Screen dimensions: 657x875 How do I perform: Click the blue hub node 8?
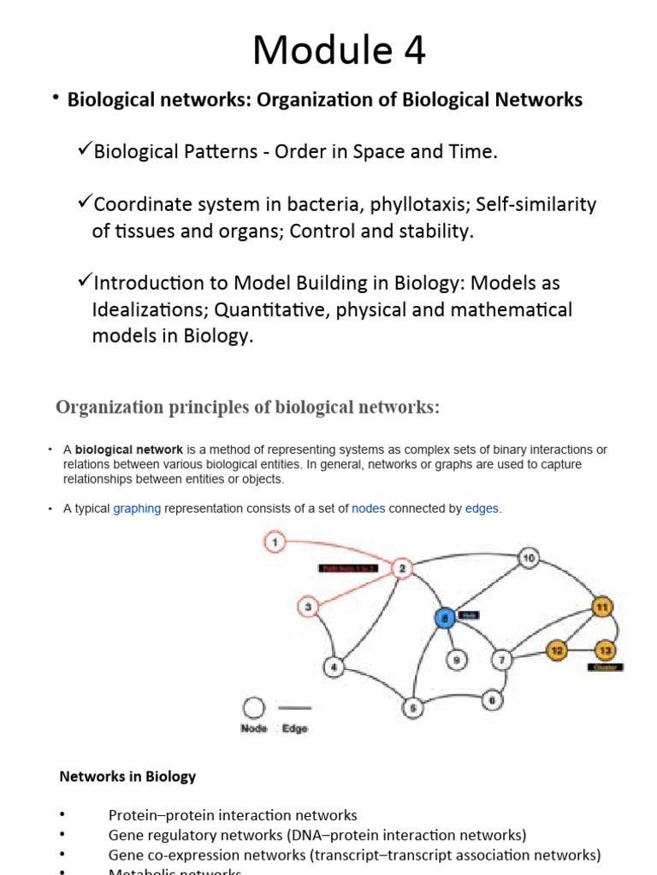[444, 617]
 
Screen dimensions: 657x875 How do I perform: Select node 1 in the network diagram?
[275, 541]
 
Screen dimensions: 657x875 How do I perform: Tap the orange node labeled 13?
[606, 650]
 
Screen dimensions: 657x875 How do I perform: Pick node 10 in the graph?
[529, 559]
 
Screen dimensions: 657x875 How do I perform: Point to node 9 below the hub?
[457, 660]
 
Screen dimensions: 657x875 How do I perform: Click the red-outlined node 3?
[308, 608]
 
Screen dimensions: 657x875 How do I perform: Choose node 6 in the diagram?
[492, 700]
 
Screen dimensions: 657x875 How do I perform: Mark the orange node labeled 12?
[557, 650]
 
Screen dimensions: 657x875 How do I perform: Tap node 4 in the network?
[334, 667]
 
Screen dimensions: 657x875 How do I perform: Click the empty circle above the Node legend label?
[254, 708]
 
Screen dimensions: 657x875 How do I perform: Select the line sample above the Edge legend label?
[294, 708]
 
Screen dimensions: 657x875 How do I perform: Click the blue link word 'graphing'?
[137, 508]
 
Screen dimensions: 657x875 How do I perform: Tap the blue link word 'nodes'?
[368, 508]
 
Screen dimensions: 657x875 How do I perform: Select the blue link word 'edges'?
[482, 508]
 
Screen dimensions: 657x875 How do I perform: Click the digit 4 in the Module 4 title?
[413, 50]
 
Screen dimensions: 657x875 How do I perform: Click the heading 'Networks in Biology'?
[127, 777]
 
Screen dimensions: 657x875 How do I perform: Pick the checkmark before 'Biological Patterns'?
[84, 150]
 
